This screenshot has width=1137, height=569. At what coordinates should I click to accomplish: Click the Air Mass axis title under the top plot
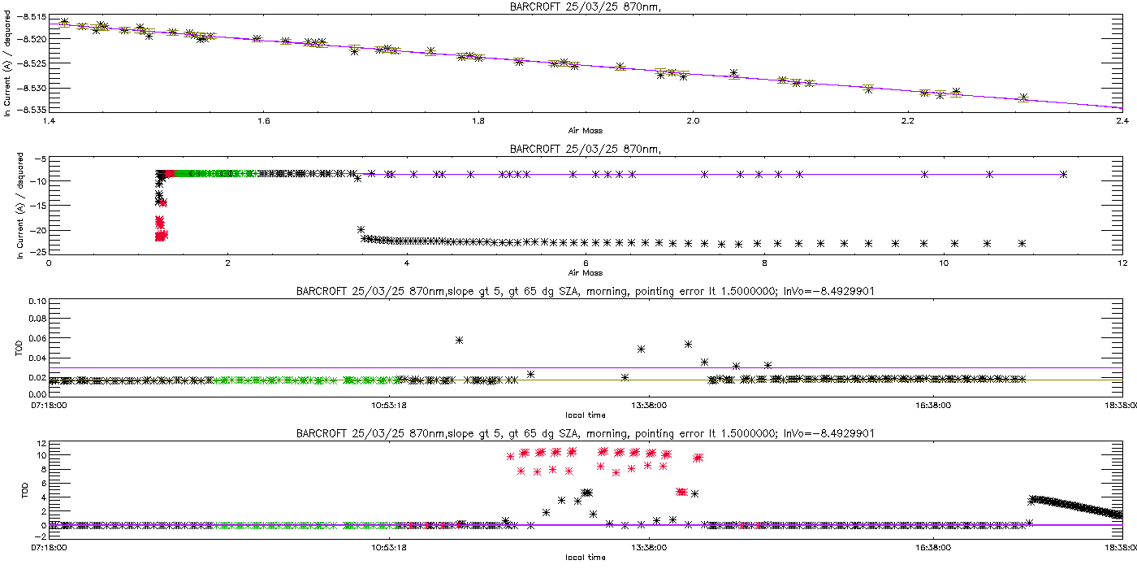(x=585, y=130)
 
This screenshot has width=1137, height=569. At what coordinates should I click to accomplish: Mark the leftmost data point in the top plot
(x=65, y=22)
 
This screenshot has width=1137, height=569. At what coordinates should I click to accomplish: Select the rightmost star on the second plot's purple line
(x=1063, y=174)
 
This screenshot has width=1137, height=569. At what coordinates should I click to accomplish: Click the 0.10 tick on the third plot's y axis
(x=37, y=302)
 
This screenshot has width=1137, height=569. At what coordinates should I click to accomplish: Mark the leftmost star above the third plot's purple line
(x=460, y=340)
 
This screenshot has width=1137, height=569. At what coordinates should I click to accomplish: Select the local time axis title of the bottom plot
(x=585, y=558)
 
